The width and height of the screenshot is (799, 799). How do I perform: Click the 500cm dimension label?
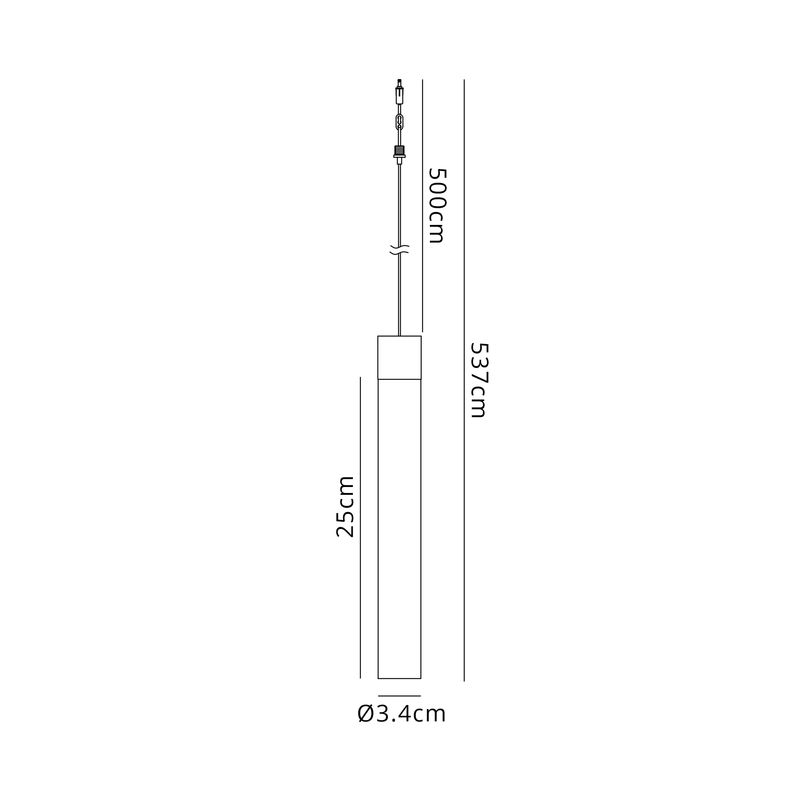437,205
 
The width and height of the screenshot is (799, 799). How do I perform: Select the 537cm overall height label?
479,380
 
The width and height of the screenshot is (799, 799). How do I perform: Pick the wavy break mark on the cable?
399,249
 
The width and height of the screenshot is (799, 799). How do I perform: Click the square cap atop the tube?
399,357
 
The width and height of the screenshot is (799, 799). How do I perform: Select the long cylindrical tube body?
399,529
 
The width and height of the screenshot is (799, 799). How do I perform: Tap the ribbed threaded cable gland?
399,150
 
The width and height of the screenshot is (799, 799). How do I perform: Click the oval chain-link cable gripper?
399,121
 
